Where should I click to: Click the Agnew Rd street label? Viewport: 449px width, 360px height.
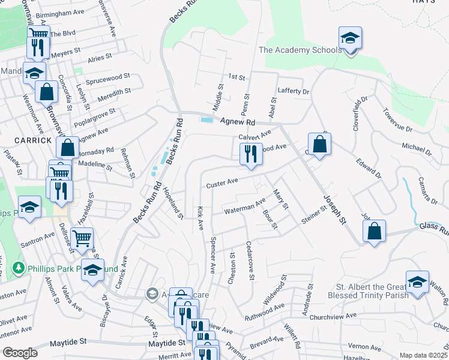(238, 122)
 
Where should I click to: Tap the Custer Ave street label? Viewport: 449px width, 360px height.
(222, 182)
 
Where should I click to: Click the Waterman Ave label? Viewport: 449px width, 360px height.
(244, 208)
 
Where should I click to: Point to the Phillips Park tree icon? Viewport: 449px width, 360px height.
(20, 268)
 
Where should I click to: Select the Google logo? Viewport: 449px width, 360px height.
(20, 352)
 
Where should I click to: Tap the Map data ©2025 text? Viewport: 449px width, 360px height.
(424, 355)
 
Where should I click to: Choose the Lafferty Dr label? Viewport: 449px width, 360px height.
(293, 91)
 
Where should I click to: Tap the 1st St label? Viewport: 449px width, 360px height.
(237, 77)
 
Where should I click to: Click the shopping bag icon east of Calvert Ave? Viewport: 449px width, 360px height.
(320, 145)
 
